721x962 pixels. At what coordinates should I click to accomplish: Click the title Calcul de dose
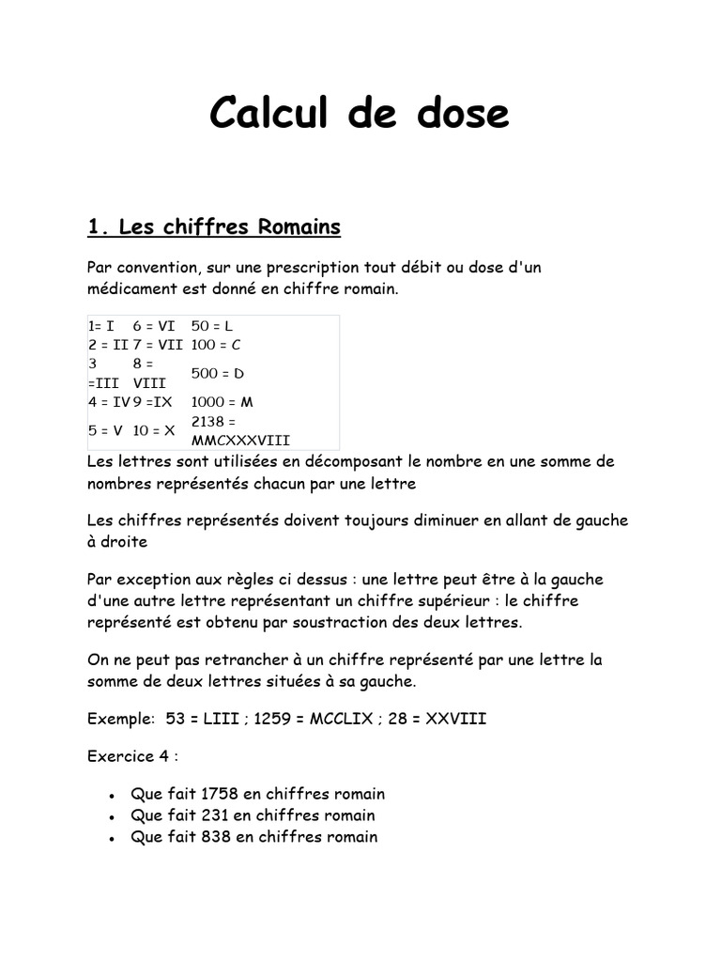[x=360, y=114]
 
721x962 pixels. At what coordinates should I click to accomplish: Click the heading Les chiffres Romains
[x=213, y=227]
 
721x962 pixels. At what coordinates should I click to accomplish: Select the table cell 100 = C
[x=216, y=345]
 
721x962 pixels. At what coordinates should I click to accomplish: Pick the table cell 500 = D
[x=217, y=373]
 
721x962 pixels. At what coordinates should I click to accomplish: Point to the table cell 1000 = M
[x=222, y=402]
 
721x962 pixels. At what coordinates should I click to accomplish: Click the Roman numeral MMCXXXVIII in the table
[x=240, y=440]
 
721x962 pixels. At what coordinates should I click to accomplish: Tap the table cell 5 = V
[x=105, y=431]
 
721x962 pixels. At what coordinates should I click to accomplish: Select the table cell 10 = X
[x=154, y=431]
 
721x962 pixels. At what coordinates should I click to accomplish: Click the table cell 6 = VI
[x=154, y=326]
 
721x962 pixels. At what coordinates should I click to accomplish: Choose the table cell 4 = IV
[x=108, y=402]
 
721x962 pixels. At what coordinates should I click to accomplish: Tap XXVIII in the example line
[x=456, y=720]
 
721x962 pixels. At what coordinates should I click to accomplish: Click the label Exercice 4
[x=130, y=755]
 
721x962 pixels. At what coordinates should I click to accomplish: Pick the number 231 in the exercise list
[x=214, y=815]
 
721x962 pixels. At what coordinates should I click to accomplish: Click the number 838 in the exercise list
[x=216, y=837]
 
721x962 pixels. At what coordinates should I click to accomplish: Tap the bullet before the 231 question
[x=112, y=817]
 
